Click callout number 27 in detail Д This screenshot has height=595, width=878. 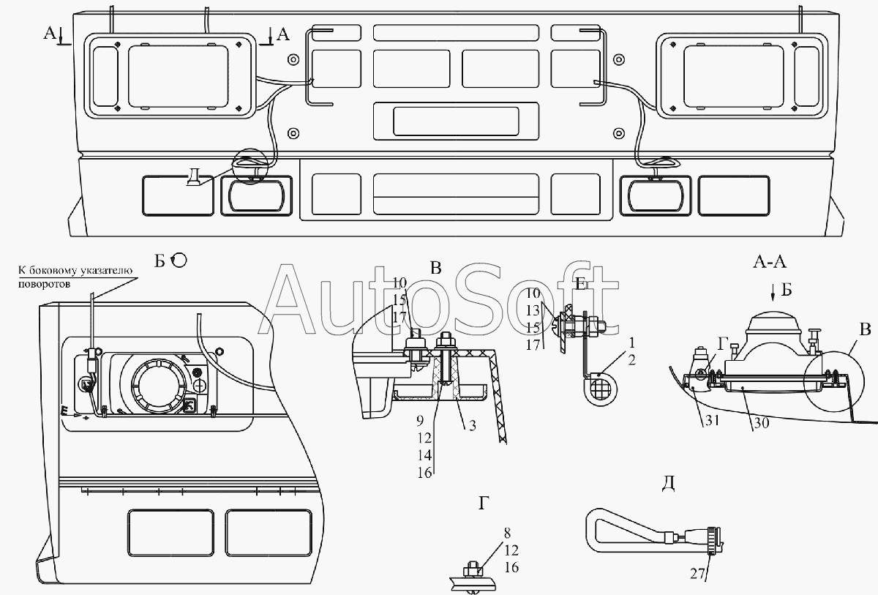(698, 574)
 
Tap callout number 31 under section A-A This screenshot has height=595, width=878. (712, 421)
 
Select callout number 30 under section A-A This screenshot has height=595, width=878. (761, 423)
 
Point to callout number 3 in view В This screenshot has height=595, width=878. (473, 425)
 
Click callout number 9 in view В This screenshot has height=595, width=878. (420, 421)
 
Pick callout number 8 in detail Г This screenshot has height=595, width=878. (507, 533)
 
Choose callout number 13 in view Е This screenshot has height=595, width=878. (533, 310)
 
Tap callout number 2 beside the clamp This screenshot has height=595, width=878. (631, 360)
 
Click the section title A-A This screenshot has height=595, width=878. (770, 262)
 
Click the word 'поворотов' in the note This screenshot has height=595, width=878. (45, 284)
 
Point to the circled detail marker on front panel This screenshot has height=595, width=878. (250, 166)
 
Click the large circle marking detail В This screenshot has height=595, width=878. (833, 381)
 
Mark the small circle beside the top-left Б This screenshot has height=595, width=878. (179, 261)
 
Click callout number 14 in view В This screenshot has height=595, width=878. (424, 455)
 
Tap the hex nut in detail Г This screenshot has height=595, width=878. (471, 571)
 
